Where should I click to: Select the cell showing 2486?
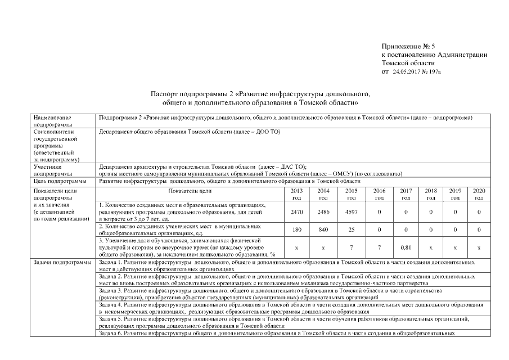323,212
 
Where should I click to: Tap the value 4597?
352,212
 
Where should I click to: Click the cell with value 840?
323,229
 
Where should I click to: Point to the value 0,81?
406,247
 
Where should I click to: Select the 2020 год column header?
479,195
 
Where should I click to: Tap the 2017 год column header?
406,195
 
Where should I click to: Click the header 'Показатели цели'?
190,191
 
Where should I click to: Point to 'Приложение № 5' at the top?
404,46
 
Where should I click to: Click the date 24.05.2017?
407,72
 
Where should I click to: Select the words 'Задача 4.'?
110,304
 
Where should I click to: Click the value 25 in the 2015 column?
352,229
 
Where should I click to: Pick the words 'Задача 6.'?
110,333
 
